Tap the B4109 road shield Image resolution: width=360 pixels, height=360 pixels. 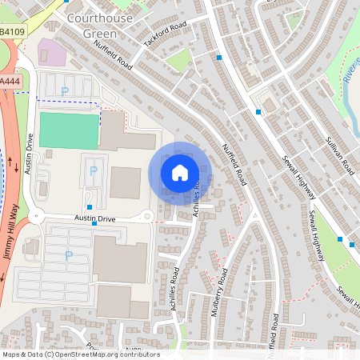[x=10, y=32]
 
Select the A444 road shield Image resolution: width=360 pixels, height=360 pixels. [x=10, y=82]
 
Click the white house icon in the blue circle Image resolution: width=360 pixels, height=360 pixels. [x=180, y=172]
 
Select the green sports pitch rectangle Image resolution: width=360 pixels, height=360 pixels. [x=70, y=130]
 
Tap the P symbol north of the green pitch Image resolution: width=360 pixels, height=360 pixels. [x=64, y=91]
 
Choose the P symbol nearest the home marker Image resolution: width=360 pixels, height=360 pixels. [x=93, y=170]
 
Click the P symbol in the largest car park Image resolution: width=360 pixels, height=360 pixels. [x=68, y=255]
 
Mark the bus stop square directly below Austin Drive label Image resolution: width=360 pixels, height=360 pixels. [x=94, y=225]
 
